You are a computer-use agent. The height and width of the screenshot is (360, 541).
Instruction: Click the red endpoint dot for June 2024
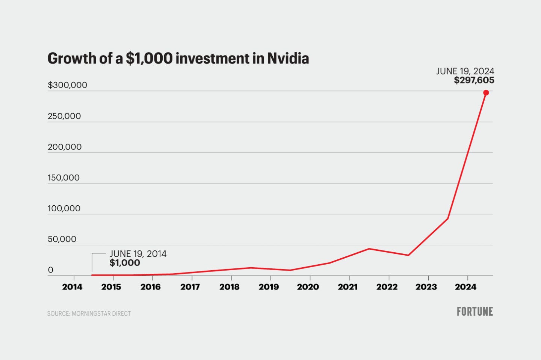point(486,93)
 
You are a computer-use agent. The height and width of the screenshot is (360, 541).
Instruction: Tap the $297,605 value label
point(474,80)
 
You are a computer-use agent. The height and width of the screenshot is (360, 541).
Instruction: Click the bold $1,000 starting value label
point(125,263)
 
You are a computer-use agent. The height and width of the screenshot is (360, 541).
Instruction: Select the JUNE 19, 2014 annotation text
point(138,254)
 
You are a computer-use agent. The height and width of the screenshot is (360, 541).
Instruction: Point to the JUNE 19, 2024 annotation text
point(465,71)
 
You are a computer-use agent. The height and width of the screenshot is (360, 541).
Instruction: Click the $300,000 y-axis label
point(67,85)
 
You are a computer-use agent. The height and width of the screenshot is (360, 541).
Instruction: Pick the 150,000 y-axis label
point(63,178)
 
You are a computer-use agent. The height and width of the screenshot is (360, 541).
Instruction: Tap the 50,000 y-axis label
point(62,239)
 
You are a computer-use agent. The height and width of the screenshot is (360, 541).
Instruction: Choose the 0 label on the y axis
point(50,270)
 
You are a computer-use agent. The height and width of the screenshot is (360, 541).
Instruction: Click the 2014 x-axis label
point(72,287)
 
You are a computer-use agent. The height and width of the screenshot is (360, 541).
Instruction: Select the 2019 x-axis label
point(269,287)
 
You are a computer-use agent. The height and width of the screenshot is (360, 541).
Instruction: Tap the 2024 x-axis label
point(465,287)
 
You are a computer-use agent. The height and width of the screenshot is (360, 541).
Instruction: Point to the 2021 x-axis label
point(348,287)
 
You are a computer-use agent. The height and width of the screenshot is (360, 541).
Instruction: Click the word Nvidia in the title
point(288,59)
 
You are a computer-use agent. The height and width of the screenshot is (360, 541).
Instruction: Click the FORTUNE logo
point(475,312)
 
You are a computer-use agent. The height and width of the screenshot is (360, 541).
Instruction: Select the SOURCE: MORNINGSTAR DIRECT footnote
point(89,313)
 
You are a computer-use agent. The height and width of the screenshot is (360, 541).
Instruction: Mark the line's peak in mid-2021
point(369,249)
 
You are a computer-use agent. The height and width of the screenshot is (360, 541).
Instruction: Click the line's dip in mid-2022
point(408,255)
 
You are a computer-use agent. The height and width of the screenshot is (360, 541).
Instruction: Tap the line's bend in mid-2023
point(447,218)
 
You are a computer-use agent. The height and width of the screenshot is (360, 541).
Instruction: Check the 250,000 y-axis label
point(64,116)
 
